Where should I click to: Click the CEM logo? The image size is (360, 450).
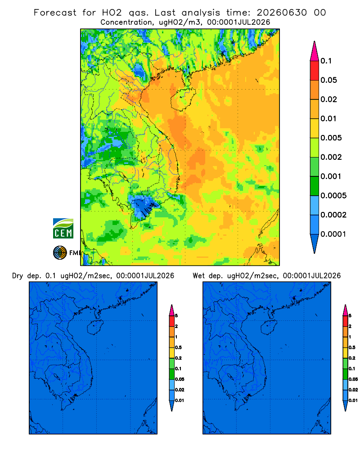coord(63,229)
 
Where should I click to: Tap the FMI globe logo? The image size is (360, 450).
coord(60,253)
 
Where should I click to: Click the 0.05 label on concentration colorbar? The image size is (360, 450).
coord(328,80)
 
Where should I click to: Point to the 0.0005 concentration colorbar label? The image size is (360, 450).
coord(333,196)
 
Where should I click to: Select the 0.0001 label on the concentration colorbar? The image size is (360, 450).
coord(333,234)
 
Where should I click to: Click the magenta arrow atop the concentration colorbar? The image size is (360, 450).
coord(315,51)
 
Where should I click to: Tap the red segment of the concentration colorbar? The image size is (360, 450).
coord(315,71)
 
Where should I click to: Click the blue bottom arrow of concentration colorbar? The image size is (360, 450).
coord(315,244)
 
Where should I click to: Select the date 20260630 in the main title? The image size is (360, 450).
coord(282,13)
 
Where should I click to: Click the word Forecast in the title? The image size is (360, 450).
coord(55,13)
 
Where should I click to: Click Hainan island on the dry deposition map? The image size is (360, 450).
coord(94,328)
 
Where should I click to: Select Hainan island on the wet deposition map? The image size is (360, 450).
coord(269,328)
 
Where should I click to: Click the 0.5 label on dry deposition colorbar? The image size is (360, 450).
coord(178,347)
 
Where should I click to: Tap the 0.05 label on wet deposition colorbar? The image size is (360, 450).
coord(353,379)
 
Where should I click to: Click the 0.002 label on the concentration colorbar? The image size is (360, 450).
coord(331,157)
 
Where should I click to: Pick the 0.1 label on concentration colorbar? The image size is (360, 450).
coord(326,61)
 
